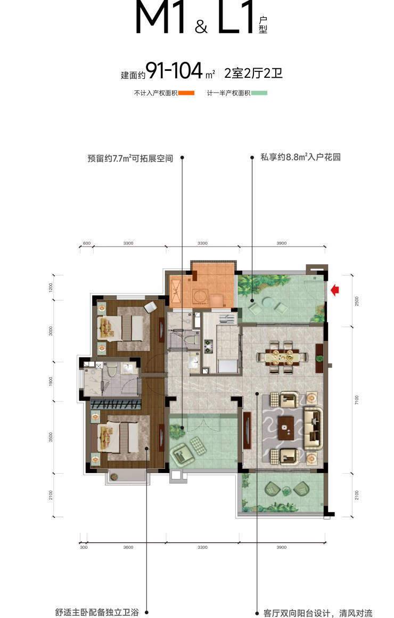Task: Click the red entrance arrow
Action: (x=334, y=290)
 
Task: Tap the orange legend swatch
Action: (x=186, y=93)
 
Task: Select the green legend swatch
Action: (x=259, y=93)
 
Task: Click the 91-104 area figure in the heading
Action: (x=174, y=71)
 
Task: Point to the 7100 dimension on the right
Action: (x=357, y=400)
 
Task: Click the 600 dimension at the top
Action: (x=87, y=243)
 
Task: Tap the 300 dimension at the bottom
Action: (x=84, y=548)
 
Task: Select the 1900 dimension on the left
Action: (x=51, y=381)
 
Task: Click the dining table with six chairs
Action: (x=282, y=357)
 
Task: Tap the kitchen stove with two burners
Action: (x=208, y=347)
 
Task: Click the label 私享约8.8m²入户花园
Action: (x=300, y=157)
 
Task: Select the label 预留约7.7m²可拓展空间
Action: (x=130, y=158)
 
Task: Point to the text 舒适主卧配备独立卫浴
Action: (x=97, y=613)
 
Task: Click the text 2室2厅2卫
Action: (x=253, y=74)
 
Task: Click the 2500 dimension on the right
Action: (x=357, y=301)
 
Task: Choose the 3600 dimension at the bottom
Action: (x=128, y=548)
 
